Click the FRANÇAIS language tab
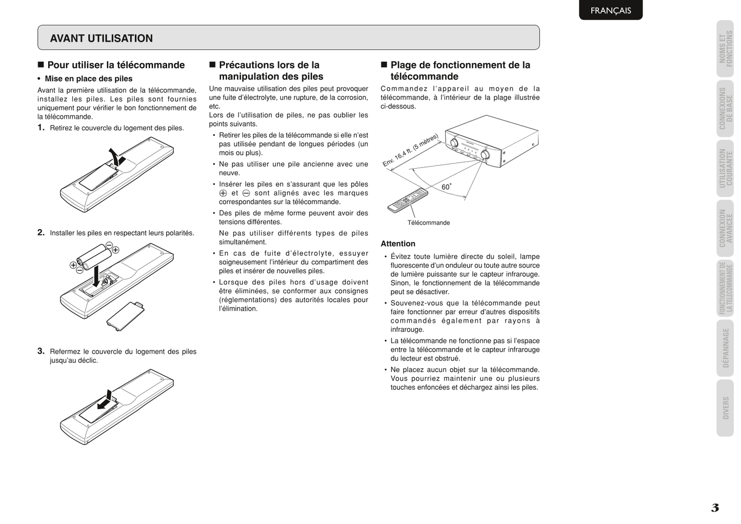pos(610,10)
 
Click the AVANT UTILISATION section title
pos(101,38)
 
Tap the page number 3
pos(715,508)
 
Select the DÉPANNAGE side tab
pos(725,348)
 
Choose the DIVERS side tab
pos(725,408)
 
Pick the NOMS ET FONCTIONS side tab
pos(725,48)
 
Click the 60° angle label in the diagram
pos(446,187)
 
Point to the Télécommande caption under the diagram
pos(429,223)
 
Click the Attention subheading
pos(398,244)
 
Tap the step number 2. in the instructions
pos(41,232)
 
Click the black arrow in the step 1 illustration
pos(116,156)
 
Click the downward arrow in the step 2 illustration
pos(96,277)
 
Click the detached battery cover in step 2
pos(125,313)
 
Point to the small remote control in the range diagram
pos(408,200)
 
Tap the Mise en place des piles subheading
pos(88,79)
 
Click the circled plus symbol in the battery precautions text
pos(223,193)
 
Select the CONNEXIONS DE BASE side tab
pos(725,108)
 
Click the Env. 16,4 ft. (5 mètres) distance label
pos(410,150)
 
